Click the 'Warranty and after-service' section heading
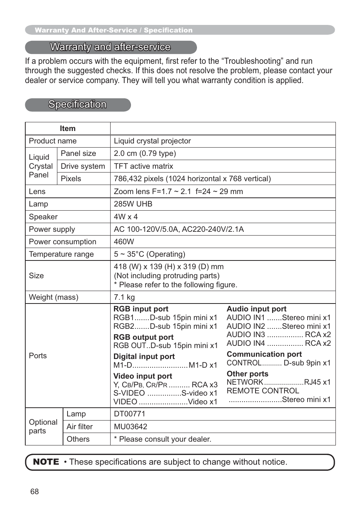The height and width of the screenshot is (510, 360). pos(110,47)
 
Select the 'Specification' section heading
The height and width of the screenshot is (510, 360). pos(77,105)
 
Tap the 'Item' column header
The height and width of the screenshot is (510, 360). pos(68,129)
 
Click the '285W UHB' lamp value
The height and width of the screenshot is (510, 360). pos(133,204)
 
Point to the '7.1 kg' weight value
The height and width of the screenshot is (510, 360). pos(124,297)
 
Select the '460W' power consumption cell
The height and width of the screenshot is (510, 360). pos(124,242)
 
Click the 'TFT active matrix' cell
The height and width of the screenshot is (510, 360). pos(143,166)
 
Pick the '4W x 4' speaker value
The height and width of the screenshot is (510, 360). pos(126,217)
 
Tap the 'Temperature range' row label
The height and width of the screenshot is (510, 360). pos(61,254)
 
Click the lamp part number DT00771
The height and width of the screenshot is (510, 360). pos(129,414)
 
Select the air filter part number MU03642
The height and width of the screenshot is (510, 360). pos(131,427)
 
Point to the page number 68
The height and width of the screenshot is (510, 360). pos(34,492)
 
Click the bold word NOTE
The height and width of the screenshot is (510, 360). pos(46,462)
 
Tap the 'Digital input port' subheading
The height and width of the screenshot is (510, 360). pos(144,357)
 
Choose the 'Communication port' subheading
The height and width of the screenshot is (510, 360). pos(264,354)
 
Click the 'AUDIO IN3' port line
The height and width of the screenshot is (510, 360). pos(278,335)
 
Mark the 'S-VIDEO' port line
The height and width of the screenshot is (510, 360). pos(165,393)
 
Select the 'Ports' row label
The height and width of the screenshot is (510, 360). pos(38,356)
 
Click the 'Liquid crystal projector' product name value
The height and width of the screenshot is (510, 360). pos(152,141)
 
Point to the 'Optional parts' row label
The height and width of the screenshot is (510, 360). pos(43,427)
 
